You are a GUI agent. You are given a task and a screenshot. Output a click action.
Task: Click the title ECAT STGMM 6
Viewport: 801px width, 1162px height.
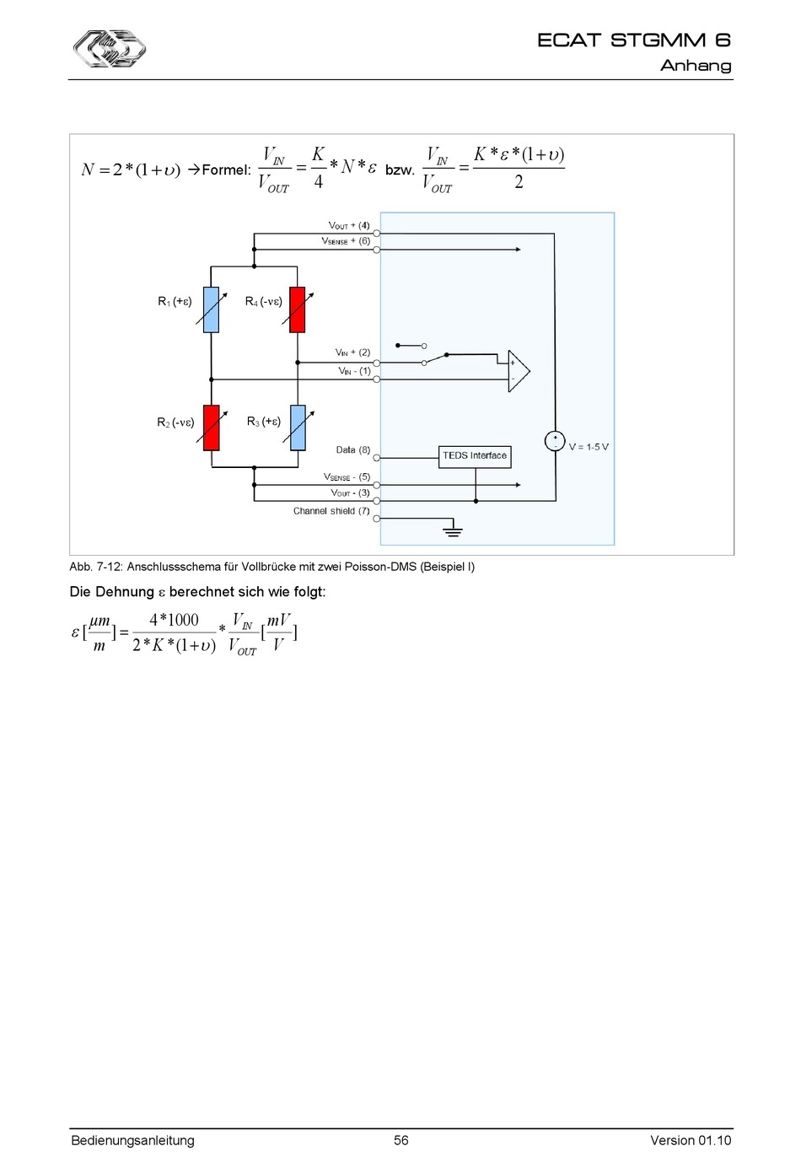tap(634, 40)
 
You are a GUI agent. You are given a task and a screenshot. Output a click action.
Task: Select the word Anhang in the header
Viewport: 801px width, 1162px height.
tap(696, 66)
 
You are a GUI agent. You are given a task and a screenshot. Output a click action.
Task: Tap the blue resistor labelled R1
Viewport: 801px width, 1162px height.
tap(212, 309)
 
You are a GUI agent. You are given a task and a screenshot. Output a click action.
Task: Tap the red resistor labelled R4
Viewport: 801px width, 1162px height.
tap(297, 309)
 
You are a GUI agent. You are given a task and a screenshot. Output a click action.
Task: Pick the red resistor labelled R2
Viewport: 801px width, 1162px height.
tap(212, 428)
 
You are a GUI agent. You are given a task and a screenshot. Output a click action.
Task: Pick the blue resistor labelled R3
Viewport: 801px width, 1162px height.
tap(297, 428)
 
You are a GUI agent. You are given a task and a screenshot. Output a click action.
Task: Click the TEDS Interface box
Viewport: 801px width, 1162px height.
tap(476, 456)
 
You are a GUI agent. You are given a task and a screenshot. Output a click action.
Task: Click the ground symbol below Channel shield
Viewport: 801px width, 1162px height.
tap(453, 530)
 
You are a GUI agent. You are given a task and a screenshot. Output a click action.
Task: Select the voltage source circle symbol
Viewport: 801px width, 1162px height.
tap(555, 441)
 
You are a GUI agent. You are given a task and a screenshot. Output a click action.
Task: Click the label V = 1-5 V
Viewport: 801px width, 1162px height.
tap(589, 447)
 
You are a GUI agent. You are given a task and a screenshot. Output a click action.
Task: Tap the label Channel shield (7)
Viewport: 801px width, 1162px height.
tap(331, 511)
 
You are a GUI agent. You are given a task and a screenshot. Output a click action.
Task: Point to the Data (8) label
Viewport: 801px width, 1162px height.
tap(352, 450)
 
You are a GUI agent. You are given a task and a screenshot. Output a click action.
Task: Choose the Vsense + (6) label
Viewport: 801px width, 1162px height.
tap(346, 241)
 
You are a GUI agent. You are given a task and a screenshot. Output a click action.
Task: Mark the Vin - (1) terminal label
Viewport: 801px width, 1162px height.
tap(354, 371)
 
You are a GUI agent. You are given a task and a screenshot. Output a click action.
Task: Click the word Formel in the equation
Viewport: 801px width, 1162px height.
tap(226, 170)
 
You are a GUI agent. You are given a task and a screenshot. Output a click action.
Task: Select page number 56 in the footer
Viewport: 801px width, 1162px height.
tap(401, 1140)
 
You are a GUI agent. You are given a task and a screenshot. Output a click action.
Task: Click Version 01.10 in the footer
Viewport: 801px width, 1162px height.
tap(691, 1140)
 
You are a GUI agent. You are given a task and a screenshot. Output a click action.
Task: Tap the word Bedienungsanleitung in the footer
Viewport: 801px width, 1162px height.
tap(132, 1140)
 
